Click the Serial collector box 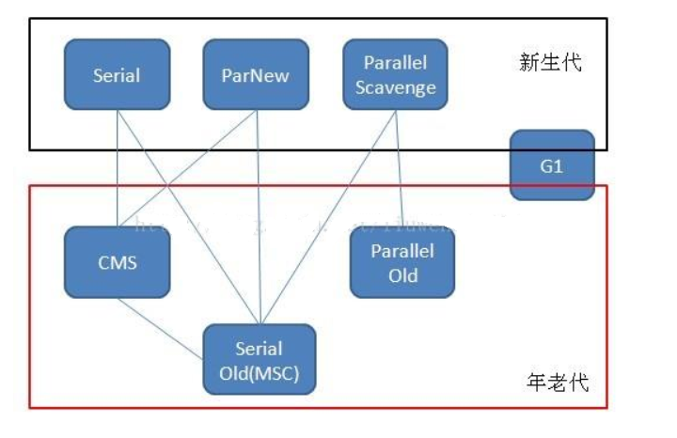pyautogui.click(x=117, y=74)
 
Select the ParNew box pyautogui.click(x=256, y=74)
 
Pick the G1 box pyautogui.click(x=552, y=164)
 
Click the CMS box pyautogui.click(x=117, y=261)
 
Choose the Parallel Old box pyautogui.click(x=401, y=263)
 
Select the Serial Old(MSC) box pyautogui.click(x=260, y=360)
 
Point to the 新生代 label pyautogui.click(x=550, y=63)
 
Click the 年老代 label pyautogui.click(x=554, y=383)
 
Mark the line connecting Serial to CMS pyautogui.click(x=117, y=169)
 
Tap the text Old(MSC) pyautogui.click(x=260, y=371)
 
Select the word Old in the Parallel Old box pyautogui.click(x=401, y=275)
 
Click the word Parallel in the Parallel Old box pyautogui.click(x=401, y=252)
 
